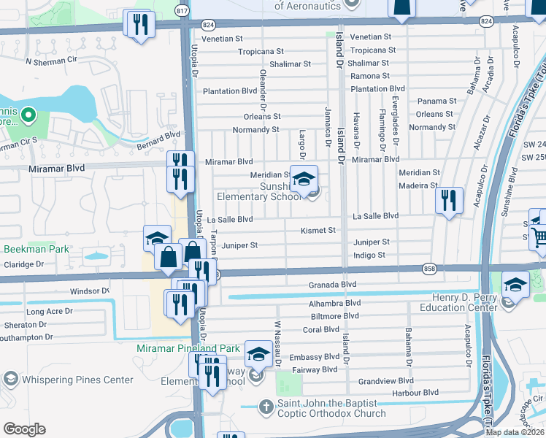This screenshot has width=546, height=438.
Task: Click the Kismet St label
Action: (318, 230)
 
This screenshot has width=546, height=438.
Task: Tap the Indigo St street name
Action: (369, 255)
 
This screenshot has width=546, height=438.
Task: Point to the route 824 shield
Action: (485, 22)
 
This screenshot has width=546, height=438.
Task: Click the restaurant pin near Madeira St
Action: (449, 201)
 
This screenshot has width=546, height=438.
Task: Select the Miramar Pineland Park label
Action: (188, 349)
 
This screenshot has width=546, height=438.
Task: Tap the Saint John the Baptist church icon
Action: (267, 405)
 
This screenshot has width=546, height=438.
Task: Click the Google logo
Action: (24, 429)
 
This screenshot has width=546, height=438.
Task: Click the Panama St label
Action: (437, 101)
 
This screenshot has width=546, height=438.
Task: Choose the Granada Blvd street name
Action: (331, 284)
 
